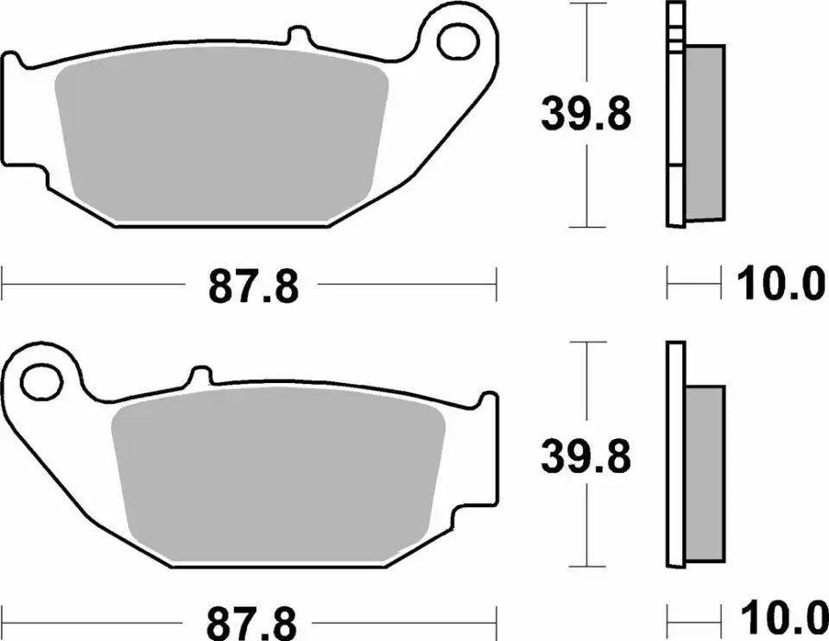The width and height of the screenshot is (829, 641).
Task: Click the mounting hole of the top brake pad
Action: coord(458,39)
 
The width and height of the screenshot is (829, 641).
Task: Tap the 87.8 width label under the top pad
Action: coord(253,286)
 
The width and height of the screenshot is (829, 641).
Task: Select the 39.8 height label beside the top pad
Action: coord(585,115)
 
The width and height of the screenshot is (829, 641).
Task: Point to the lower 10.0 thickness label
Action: coord(781,620)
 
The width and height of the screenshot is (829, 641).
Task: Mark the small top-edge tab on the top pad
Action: coord(299,36)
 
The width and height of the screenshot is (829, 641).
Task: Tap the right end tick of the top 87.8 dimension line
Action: coord(496,284)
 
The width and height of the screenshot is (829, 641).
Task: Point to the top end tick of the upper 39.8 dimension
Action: coord(586,3)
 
